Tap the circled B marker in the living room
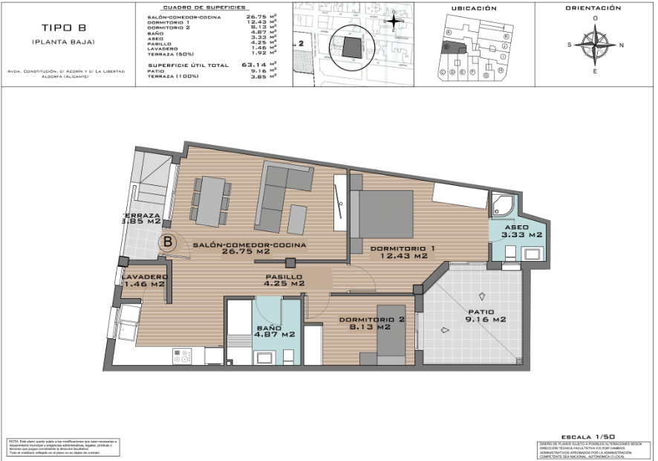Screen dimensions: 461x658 point(169,241)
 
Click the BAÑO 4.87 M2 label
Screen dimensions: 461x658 point(276,331)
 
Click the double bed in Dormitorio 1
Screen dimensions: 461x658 point(386,213)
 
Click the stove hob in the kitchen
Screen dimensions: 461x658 point(182,355)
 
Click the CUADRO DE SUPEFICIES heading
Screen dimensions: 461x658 point(193,7)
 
